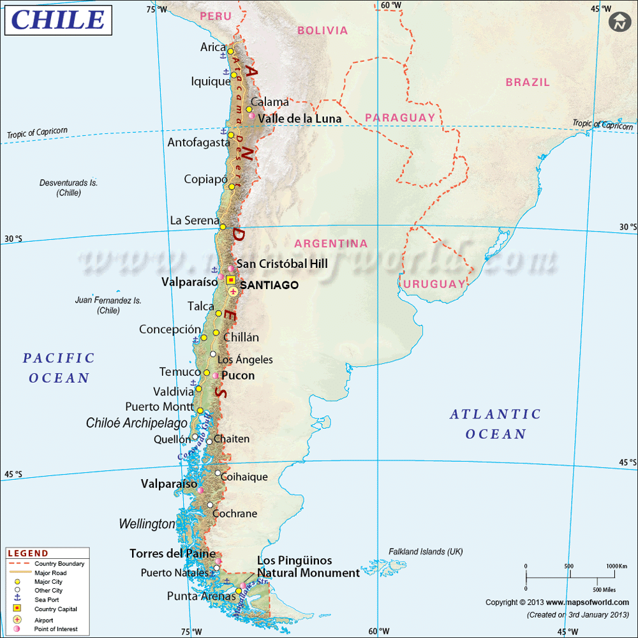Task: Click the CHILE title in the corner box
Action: click(58, 19)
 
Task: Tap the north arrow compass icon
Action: click(619, 22)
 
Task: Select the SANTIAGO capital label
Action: click(268, 285)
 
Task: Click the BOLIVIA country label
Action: click(322, 31)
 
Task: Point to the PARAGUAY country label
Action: click(400, 117)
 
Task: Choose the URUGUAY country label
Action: click(435, 283)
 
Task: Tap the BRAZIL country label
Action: click(528, 82)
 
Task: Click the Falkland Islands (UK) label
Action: click(426, 552)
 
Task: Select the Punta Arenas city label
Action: click(201, 597)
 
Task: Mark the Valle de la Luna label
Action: click(300, 119)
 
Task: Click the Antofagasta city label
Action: click(198, 143)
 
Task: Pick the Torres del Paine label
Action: click(172, 554)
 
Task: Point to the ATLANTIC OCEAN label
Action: click(495, 424)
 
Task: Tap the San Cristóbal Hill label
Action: click(282, 264)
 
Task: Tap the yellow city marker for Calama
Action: click(249, 109)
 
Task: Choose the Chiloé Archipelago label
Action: click(137, 423)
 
